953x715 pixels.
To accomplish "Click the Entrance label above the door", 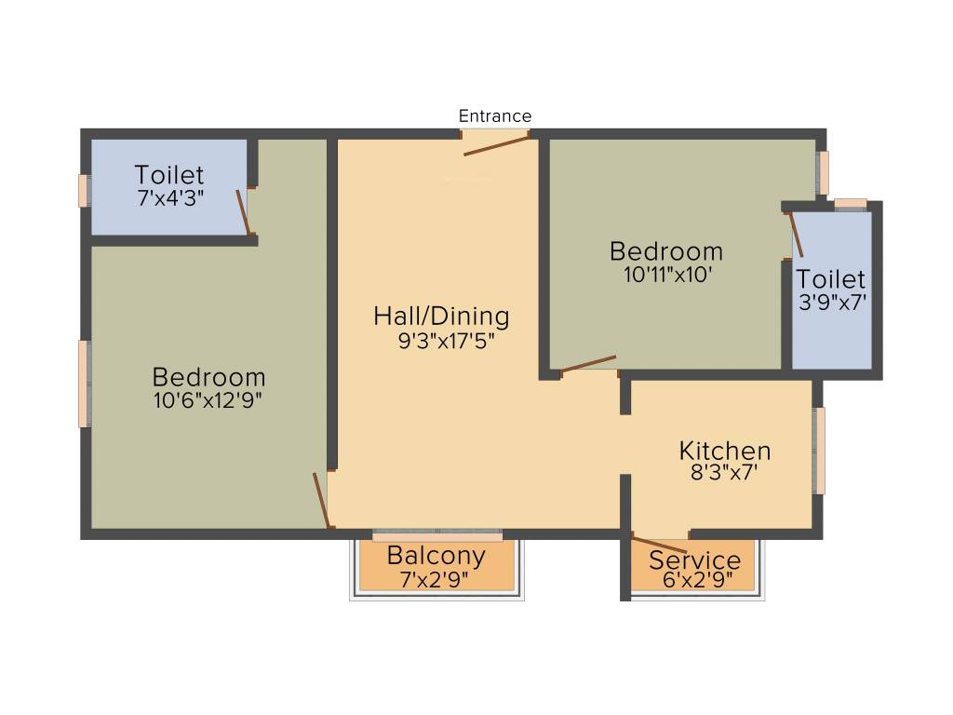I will [x=495, y=116].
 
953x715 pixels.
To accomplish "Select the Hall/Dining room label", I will [x=441, y=317].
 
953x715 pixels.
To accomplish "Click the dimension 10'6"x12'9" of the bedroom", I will [x=208, y=401].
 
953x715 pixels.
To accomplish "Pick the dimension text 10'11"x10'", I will [x=665, y=275].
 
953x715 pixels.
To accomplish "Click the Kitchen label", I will [x=725, y=451].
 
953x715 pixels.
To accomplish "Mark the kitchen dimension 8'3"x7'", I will [x=724, y=472].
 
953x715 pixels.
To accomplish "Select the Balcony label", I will [x=436, y=556].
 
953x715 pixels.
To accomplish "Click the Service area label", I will [x=695, y=560].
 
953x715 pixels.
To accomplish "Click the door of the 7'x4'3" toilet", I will [x=243, y=212].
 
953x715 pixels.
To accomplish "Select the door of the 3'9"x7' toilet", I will [x=796, y=235].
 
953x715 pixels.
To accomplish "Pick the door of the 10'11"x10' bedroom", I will [x=588, y=364].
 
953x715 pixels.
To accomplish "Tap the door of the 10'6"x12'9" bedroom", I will [x=321, y=501].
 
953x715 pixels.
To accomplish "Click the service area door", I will [x=660, y=544].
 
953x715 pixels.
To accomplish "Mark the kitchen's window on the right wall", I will [x=819, y=451].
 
